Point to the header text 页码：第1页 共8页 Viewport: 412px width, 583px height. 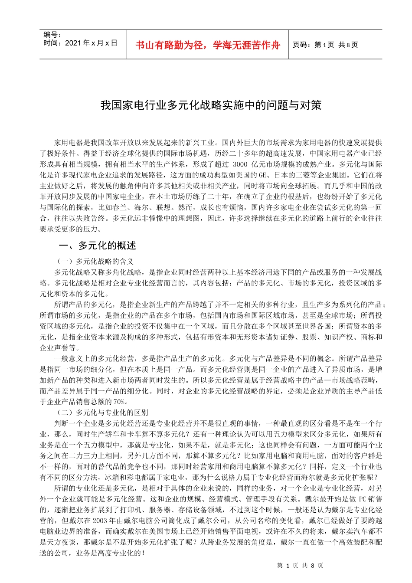click(x=325, y=45)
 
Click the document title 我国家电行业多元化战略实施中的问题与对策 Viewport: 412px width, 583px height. click(x=211, y=105)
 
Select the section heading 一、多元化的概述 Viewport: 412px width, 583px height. click(x=97, y=246)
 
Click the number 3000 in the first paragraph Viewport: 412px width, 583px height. click(x=240, y=164)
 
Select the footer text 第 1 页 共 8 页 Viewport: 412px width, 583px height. click(x=300, y=565)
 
